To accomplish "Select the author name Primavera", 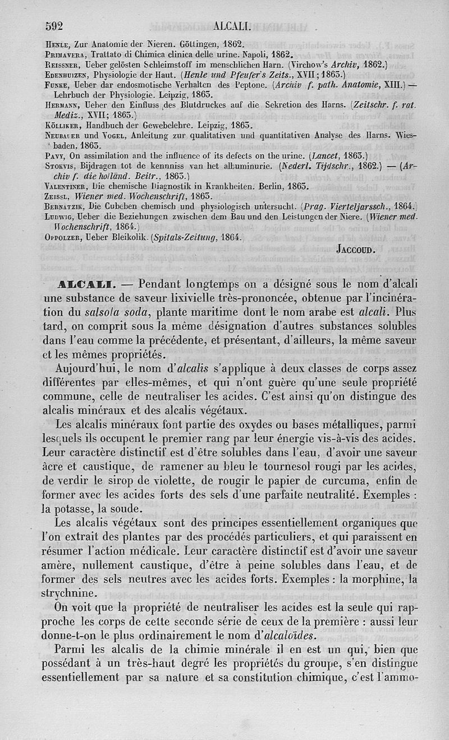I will click(64, 55).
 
